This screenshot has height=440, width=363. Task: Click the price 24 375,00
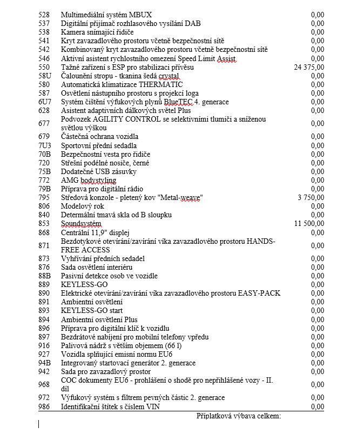309,67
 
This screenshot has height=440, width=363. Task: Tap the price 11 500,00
309,224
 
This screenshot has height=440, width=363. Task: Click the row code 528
44,15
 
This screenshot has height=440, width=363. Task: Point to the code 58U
45,76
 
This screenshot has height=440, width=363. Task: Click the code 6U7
45,102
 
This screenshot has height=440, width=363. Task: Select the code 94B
45,363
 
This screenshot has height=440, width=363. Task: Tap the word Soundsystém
81,224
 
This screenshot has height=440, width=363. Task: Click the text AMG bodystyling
89,180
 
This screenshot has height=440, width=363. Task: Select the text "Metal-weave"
180,198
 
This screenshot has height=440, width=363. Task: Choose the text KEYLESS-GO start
92,311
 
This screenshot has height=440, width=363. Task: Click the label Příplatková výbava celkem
239,416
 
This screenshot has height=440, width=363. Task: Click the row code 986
44,406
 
